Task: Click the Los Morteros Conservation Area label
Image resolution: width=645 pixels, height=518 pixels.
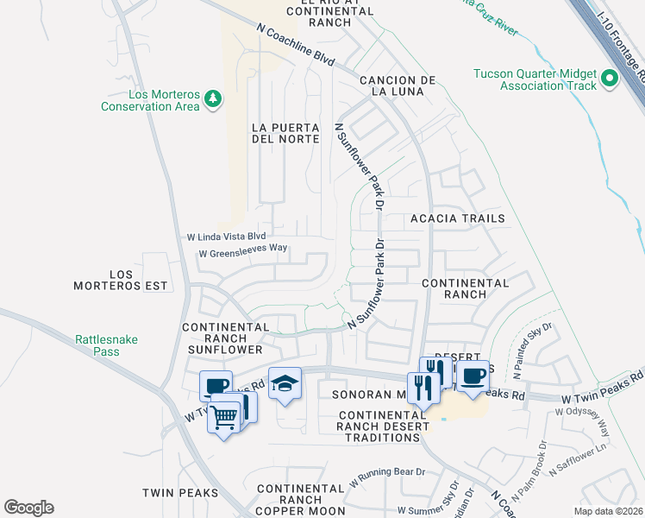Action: pos(151,100)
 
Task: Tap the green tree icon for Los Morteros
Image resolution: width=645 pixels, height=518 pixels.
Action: pos(213,102)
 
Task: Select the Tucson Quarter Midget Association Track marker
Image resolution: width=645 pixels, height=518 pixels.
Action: pos(611,80)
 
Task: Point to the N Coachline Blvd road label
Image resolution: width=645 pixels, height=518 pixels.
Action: pos(295,44)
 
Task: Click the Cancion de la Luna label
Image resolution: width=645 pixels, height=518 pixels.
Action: pos(391,85)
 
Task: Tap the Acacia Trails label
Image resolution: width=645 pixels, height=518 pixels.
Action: pos(457,218)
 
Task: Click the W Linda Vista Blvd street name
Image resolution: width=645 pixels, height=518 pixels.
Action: pos(227,237)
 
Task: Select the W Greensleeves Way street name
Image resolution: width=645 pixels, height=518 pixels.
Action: pos(242,254)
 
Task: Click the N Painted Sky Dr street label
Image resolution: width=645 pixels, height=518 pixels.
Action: pos(531,352)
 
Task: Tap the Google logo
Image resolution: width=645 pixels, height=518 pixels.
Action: pos(28,507)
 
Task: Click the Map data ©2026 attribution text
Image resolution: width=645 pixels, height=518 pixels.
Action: pos(608,511)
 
